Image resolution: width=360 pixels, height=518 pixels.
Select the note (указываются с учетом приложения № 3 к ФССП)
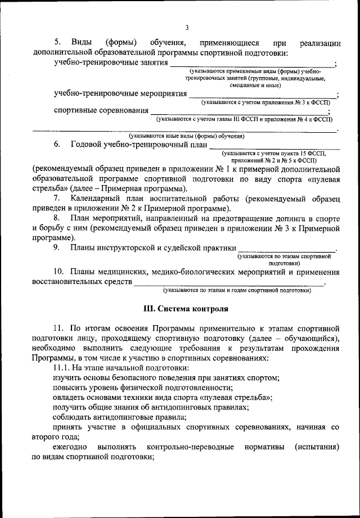266,103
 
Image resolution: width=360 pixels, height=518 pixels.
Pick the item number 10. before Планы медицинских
59,273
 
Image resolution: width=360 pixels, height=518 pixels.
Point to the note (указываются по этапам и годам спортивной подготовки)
237,291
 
